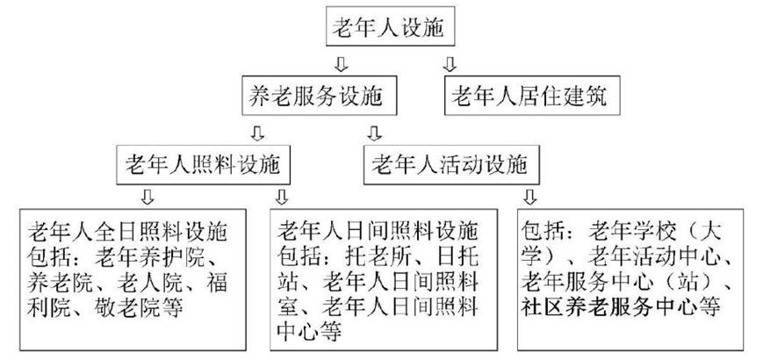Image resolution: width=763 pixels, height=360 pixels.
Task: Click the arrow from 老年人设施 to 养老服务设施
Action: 343,64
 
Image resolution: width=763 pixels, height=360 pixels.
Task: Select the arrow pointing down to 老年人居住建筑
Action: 450,64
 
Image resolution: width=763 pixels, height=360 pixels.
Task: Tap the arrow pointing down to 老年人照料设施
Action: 256,132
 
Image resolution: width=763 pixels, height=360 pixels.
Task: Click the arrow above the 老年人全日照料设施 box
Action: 147,195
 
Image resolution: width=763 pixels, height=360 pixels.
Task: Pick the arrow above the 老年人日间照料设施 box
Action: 282,195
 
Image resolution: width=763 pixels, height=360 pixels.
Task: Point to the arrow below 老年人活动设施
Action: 530,195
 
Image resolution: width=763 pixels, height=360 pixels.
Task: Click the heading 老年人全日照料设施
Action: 128,233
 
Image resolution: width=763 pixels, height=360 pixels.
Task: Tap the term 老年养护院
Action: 172,258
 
